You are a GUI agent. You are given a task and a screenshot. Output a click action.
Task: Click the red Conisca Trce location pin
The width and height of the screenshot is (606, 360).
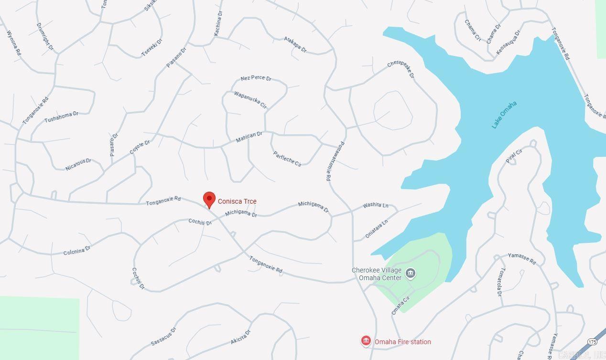pyautogui.click(x=209, y=199)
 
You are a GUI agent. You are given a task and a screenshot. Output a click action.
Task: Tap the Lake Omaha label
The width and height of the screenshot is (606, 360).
pyautogui.click(x=504, y=115)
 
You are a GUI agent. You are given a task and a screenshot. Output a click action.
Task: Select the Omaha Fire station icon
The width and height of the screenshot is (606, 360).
pyautogui.click(x=366, y=341)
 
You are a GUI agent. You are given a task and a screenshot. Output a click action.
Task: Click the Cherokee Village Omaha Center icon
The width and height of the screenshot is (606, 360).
pyautogui.click(x=410, y=273)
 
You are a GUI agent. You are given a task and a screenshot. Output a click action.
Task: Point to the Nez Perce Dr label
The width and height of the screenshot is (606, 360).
pyautogui.click(x=256, y=78)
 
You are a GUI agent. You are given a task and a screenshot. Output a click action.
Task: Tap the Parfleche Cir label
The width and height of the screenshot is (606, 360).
pyautogui.click(x=287, y=159)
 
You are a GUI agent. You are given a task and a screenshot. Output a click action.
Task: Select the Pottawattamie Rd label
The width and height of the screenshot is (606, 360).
pyautogui.click(x=335, y=161)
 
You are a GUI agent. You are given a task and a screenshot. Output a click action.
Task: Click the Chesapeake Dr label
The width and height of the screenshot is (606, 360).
pyautogui.click(x=400, y=69)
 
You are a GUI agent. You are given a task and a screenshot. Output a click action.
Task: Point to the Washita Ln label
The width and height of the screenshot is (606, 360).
pyautogui.click(x=375, y=205)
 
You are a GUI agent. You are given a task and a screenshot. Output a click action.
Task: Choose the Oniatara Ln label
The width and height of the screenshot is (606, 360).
pyautogui.click(x=376, y=229)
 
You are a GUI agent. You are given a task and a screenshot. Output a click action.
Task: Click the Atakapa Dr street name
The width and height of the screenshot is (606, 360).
pyautogui.click(x=295, y=44)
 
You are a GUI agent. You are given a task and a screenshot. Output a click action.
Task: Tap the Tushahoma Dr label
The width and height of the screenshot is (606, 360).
pyautogui.click(x=61, y=117)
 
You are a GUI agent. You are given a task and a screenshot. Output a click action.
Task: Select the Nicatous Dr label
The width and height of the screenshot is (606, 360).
pyautogui.click(x=78, y=164)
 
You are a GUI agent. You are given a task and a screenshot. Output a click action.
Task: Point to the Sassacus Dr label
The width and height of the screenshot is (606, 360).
pyautogui.click(x=163, y=337)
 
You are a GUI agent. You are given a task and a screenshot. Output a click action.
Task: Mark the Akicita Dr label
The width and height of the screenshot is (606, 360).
pyautogui.click(x=240, y=337)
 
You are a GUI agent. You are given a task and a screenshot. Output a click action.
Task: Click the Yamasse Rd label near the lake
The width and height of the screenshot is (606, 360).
pyautogui.click(x=521, y=258)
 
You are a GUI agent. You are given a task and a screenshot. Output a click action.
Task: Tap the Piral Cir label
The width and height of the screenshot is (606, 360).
pyautogui.click(x=514, y=156)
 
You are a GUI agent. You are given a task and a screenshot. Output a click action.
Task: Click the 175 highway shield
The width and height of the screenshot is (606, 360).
pyautogui.click(x=593, y=342)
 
